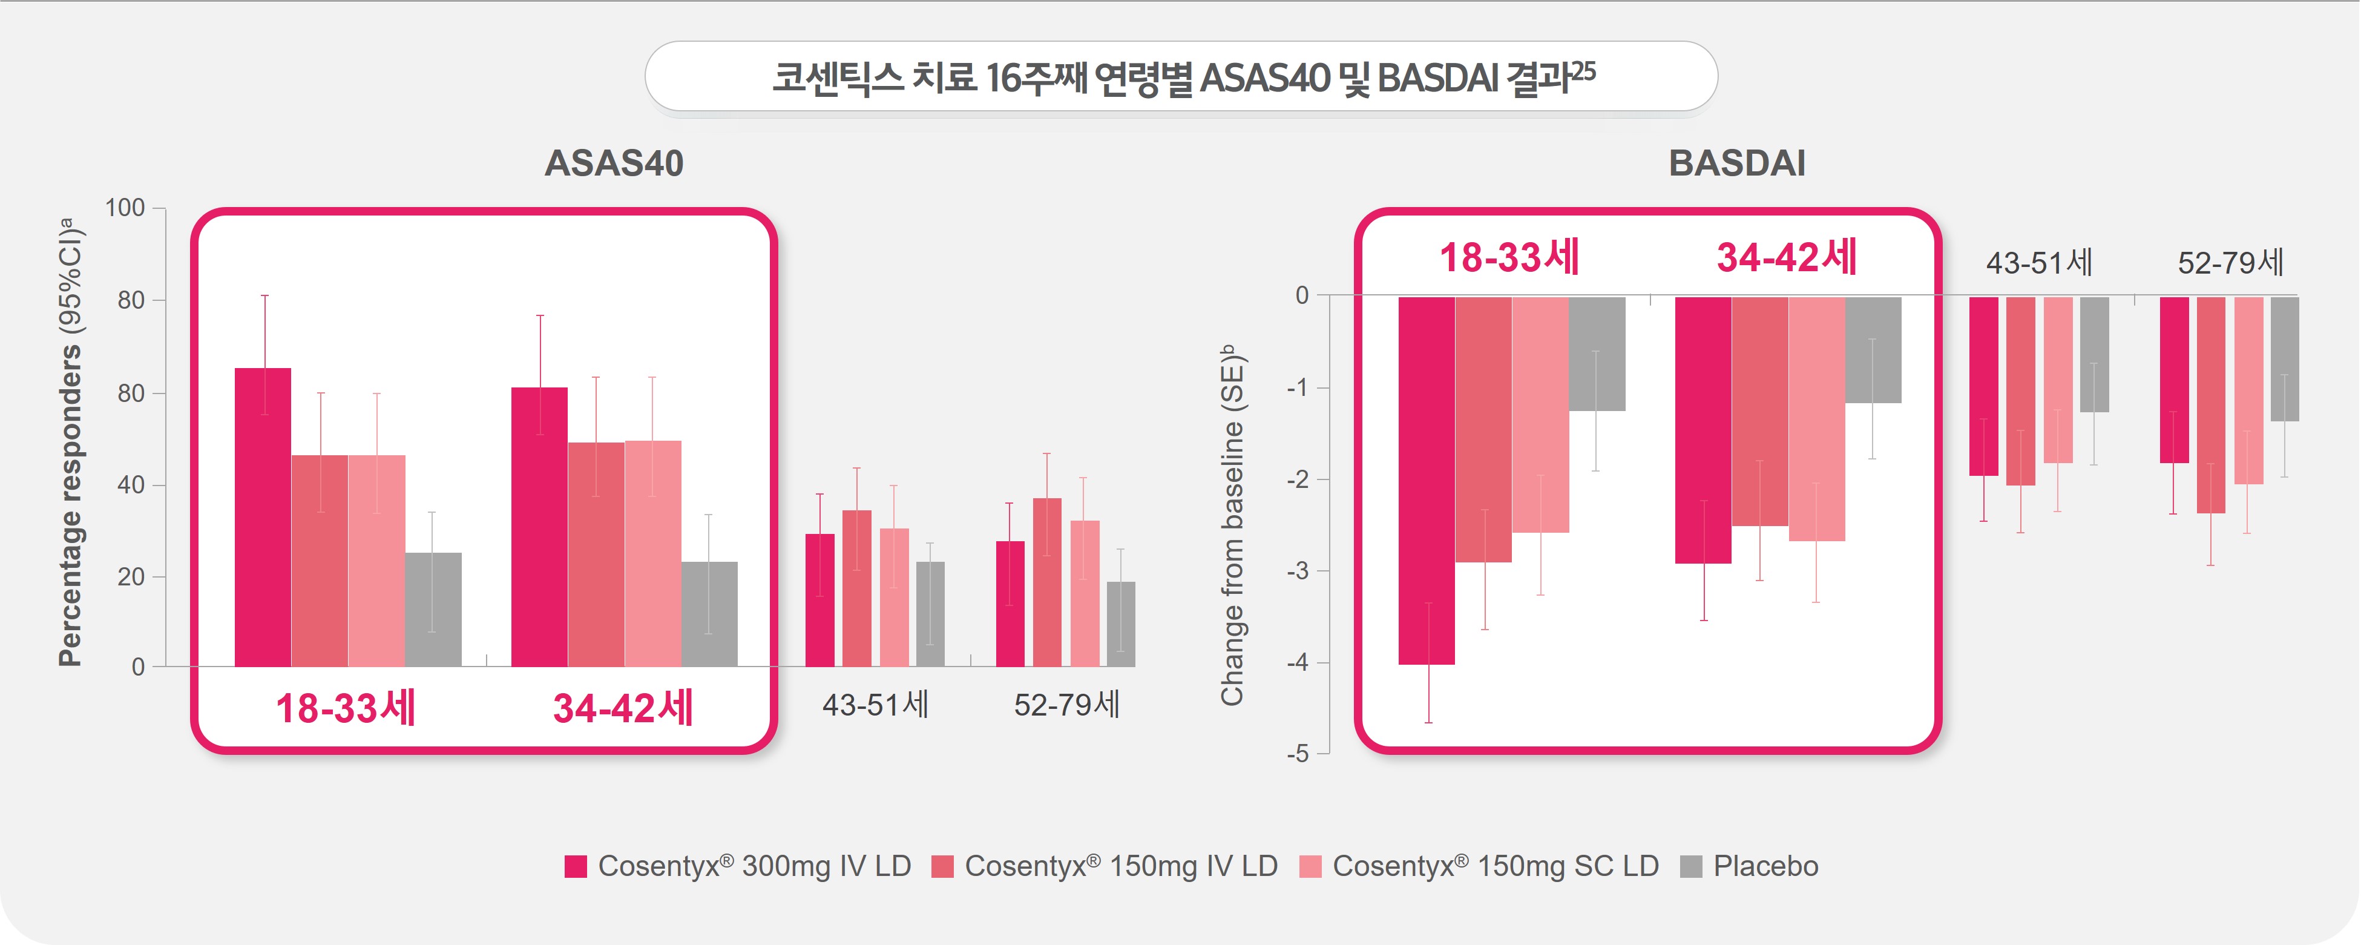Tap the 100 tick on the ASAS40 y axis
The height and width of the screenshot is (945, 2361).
coord(125,208)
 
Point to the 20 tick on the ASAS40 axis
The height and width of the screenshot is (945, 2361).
coord(131,576)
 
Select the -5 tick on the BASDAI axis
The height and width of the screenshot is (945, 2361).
coord(1297,754)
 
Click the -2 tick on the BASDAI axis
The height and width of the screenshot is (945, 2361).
coord(1297,479)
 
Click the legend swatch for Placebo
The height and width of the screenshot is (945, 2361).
coord(1691,866)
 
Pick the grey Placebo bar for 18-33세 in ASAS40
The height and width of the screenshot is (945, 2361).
coord(433,610)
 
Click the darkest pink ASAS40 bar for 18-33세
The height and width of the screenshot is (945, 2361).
coord(263,518)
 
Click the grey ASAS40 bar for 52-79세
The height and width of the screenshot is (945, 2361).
coord(1120,624)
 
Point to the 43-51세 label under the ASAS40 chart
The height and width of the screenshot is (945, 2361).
coord(875,704)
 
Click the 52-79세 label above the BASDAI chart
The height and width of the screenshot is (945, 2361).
coord(2230,263)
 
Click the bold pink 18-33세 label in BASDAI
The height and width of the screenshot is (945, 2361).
coord(1509,257)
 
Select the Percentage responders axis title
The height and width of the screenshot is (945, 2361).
coord(71,440)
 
